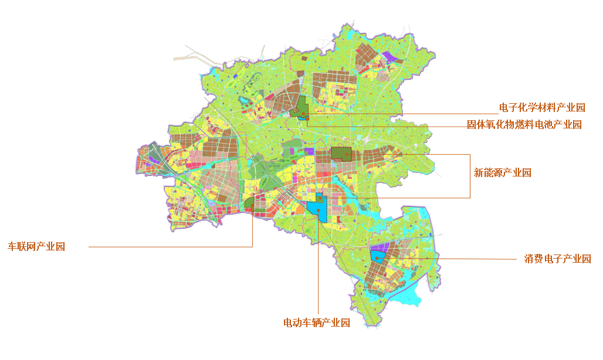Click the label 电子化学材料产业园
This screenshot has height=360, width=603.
[541, 107]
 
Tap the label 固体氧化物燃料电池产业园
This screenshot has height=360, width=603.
[524, 125]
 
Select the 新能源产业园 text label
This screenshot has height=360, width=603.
[502, 173]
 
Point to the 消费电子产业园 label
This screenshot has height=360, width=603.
[557, 259]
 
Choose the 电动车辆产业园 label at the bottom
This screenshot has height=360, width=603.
[316, 323]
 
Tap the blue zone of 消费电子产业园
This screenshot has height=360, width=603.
[378, 256]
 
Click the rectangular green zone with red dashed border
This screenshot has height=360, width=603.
[340, 154]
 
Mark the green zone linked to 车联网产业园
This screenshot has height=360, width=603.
[249, 203]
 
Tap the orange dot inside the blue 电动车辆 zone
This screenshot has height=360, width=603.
[318, 209]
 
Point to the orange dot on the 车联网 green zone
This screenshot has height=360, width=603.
[252, 208]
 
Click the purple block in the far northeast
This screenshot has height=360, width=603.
[389, 57]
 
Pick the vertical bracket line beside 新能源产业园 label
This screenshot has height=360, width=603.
[470, 176]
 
